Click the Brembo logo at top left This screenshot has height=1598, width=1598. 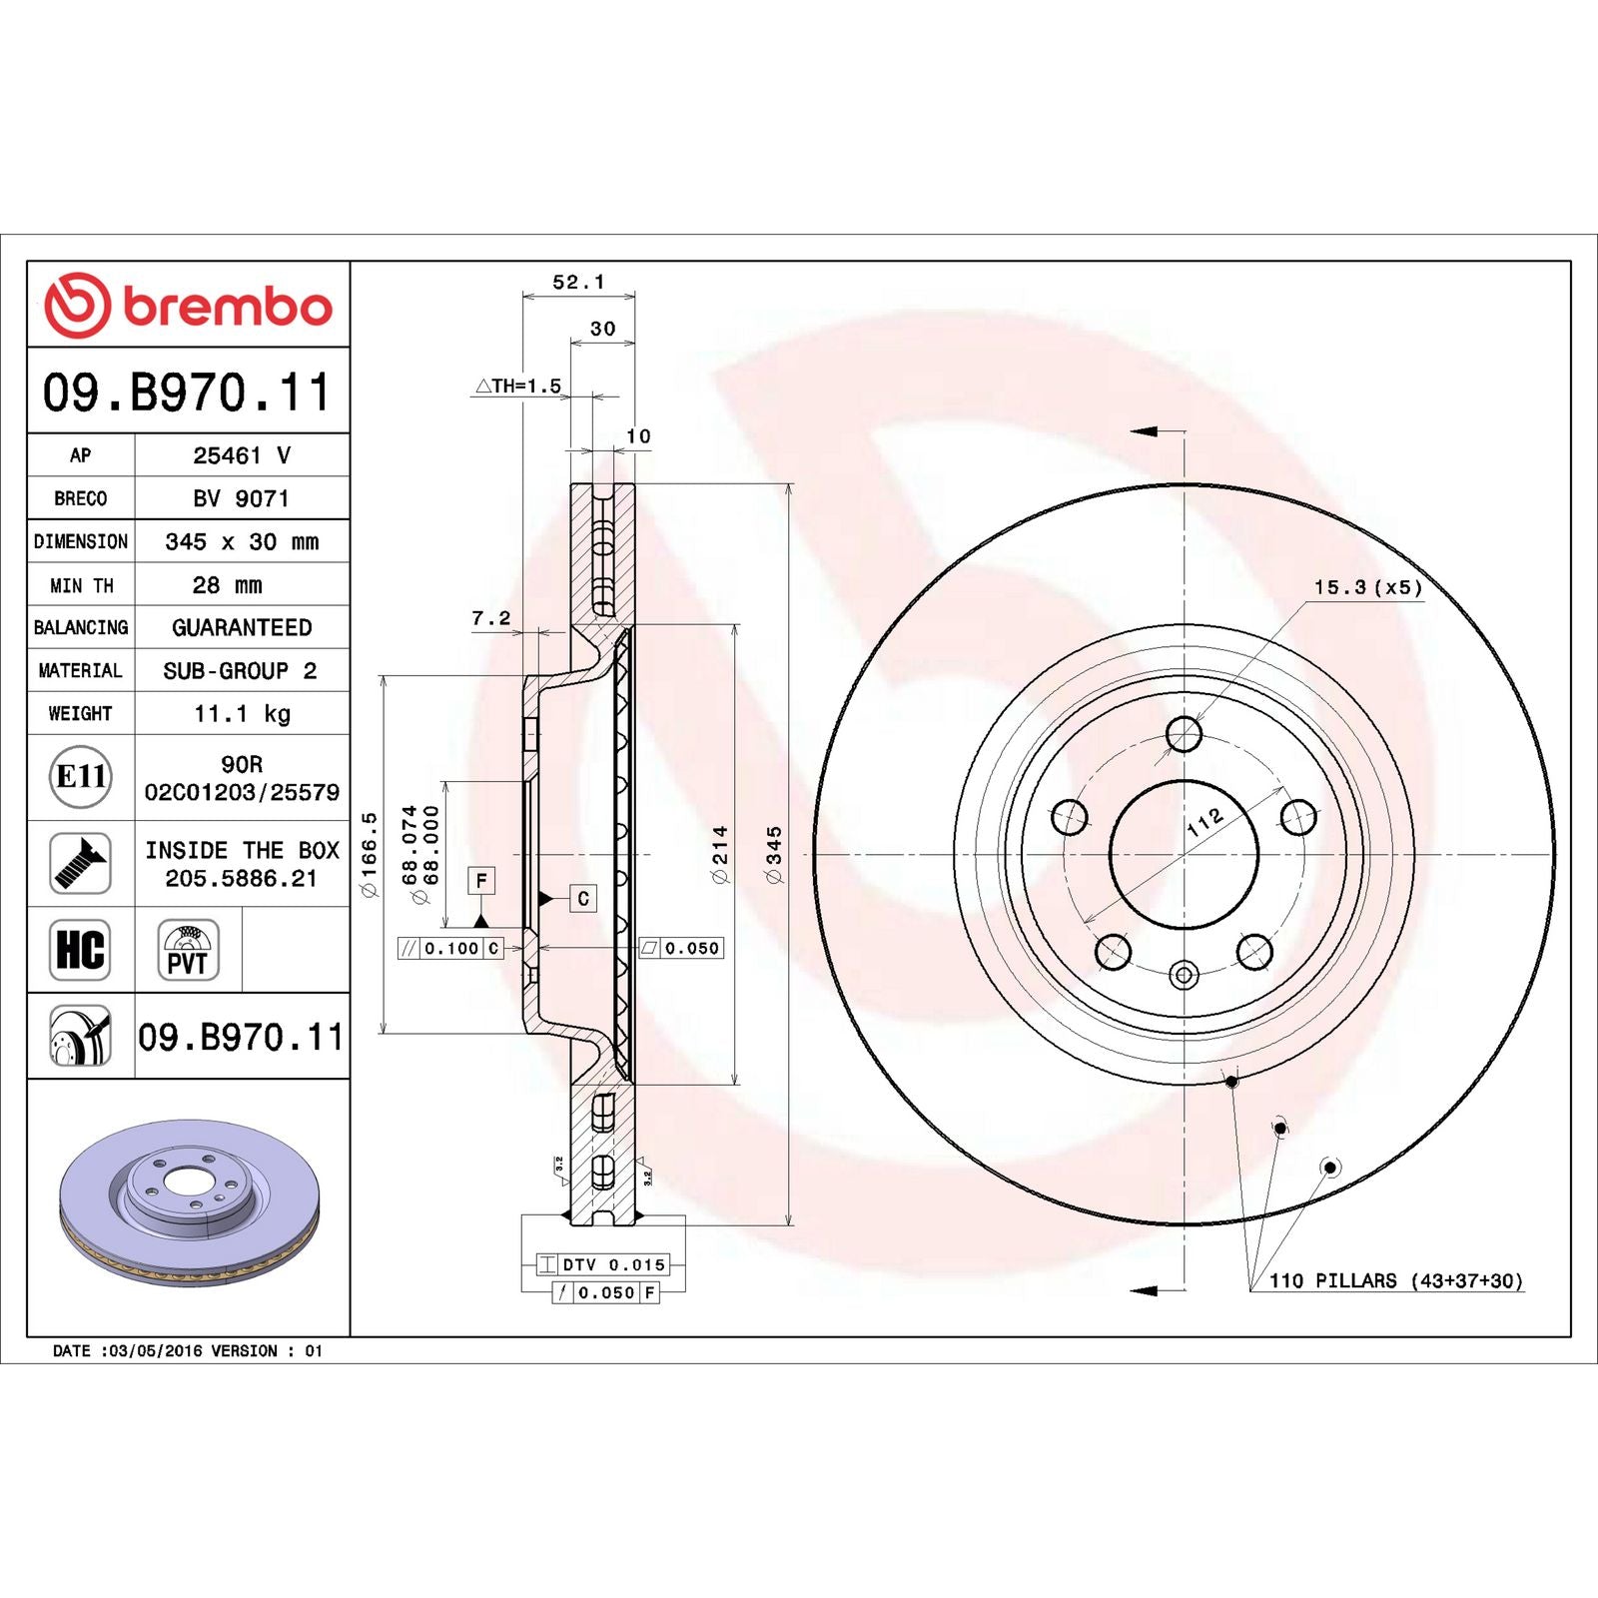coord(188,305)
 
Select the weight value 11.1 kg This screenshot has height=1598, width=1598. coord(242,713)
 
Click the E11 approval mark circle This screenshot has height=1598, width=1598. coord(81,776)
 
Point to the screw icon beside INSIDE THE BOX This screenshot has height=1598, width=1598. coord(81,863)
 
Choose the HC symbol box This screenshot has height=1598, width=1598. coord(80,949)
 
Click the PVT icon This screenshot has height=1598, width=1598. coord(188,950)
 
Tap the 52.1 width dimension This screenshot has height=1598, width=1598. coord(578,283)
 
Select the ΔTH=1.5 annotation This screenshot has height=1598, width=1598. coord(518,386)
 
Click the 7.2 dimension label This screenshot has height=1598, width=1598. coord(490,619)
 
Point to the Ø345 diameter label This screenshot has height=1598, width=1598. coord(774,854)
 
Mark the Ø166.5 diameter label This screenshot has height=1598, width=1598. coord(370,854)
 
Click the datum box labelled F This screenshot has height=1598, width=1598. coord(481,880)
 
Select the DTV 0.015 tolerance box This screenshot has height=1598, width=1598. coord(602,1264)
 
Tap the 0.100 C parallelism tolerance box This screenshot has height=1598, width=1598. coord(450,948)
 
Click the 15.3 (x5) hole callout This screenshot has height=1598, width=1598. coord(1367,587)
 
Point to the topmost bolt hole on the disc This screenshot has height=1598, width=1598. coord(1184,734)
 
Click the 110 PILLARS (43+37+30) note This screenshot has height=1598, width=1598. coord(1395,1280)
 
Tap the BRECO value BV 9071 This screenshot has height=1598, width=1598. coord(242,498)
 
